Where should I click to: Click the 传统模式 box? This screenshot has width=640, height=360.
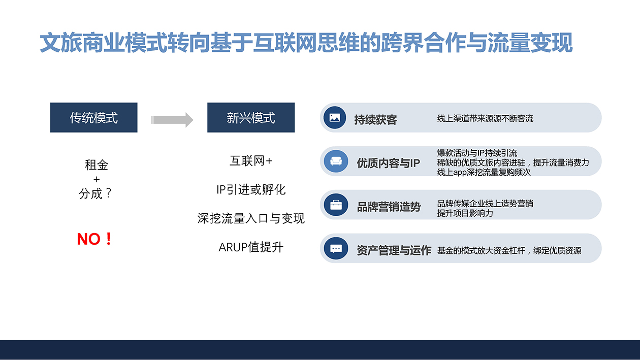93,118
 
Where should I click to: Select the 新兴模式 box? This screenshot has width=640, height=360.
251,118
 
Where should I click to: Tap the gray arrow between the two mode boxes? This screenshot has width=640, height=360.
172,120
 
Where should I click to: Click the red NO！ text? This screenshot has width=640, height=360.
94,239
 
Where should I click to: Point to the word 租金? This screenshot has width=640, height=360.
97,165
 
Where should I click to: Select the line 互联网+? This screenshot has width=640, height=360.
251,161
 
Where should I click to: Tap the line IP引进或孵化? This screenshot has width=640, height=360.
251,190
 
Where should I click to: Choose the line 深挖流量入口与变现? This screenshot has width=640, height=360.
251,218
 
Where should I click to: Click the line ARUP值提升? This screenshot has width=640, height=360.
251,247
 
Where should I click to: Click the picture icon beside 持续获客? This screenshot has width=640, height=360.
335,118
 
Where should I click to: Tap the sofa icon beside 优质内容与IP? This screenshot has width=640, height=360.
336,161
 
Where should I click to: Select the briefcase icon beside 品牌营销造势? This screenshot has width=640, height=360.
336,205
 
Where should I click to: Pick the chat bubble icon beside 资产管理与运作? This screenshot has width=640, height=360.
336,249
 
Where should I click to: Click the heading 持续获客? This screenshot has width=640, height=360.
375,120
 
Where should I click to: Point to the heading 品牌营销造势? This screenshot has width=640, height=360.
389,207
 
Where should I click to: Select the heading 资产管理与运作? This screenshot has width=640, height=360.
394,250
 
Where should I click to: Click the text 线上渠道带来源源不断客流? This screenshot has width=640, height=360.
485,119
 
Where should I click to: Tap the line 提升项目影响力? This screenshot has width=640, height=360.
465,213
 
